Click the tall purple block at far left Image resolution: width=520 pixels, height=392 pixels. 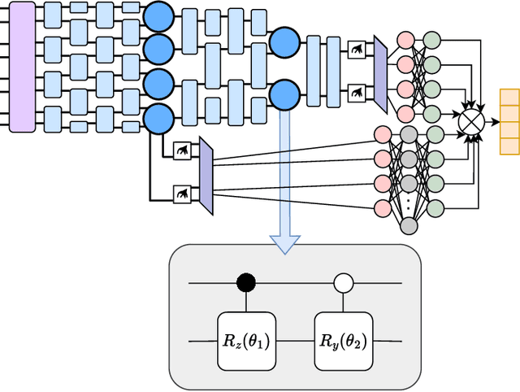pos(21,67)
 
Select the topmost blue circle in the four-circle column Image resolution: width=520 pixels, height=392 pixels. pos(158,15)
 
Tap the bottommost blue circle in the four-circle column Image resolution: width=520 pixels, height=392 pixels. pos(158,120)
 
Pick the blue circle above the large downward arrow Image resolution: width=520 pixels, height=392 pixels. pos(284,93)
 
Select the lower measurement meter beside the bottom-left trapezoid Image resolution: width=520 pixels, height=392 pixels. pos(183,193)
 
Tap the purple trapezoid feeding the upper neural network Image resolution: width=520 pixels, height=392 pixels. pos(379,74)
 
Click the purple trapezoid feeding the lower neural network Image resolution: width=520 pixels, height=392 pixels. pos(206,176)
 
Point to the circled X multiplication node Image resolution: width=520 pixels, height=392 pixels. pos(470,120)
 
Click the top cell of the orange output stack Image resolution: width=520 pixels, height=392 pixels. pos(509,97)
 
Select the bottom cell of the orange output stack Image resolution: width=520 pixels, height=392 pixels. pos(509,146)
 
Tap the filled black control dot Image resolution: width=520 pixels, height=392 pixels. pos(245,283)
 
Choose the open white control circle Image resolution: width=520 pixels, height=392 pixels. pos(343,283)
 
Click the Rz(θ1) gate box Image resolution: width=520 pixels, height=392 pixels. pos(245,339)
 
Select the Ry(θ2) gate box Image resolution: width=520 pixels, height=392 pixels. pos(343,339)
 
